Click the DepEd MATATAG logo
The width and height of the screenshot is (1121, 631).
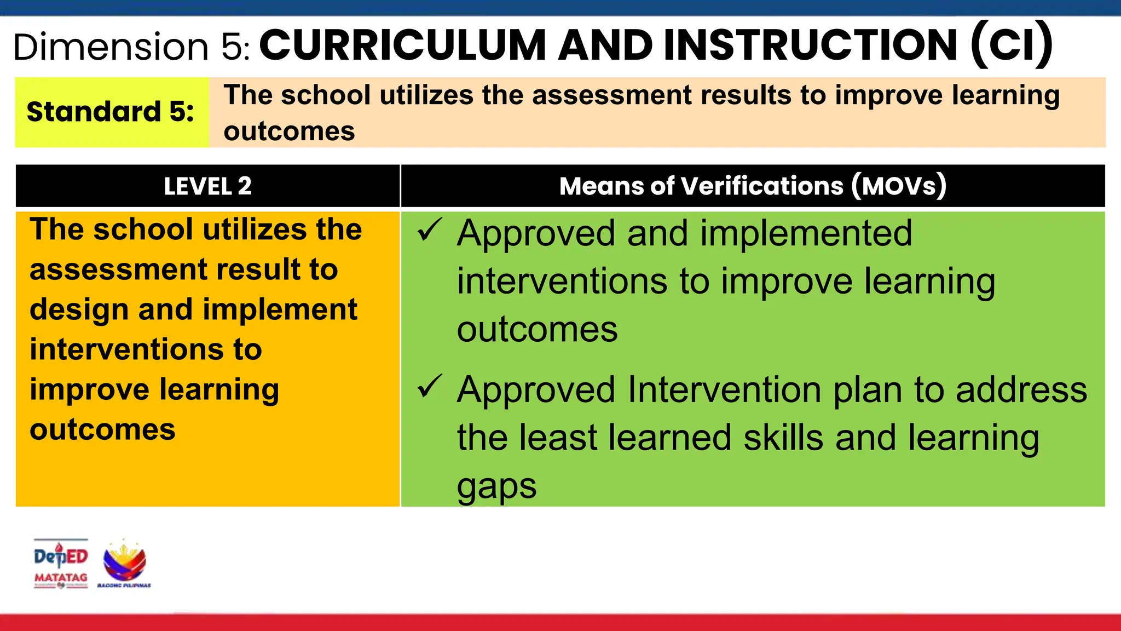(x=61, y=564)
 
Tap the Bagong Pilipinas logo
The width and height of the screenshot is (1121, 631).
(x=124, y=564)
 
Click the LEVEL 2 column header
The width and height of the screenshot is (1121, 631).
(x=207, y=186)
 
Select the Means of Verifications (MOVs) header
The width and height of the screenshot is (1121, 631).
(x=753, y=186)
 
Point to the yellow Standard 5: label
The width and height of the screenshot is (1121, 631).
(x=111, y=112)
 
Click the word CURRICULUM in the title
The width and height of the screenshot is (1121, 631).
(x=402, y=45)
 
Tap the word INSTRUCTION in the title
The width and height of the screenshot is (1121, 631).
(x=811, y=45)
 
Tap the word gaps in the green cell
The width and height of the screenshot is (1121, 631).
(x=496, y=486)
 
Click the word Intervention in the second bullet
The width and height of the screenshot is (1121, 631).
(x=724, y=390)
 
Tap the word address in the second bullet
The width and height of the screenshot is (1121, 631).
(x=1021, y=390)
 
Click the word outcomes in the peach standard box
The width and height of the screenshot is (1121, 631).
(x=289, y=131)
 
